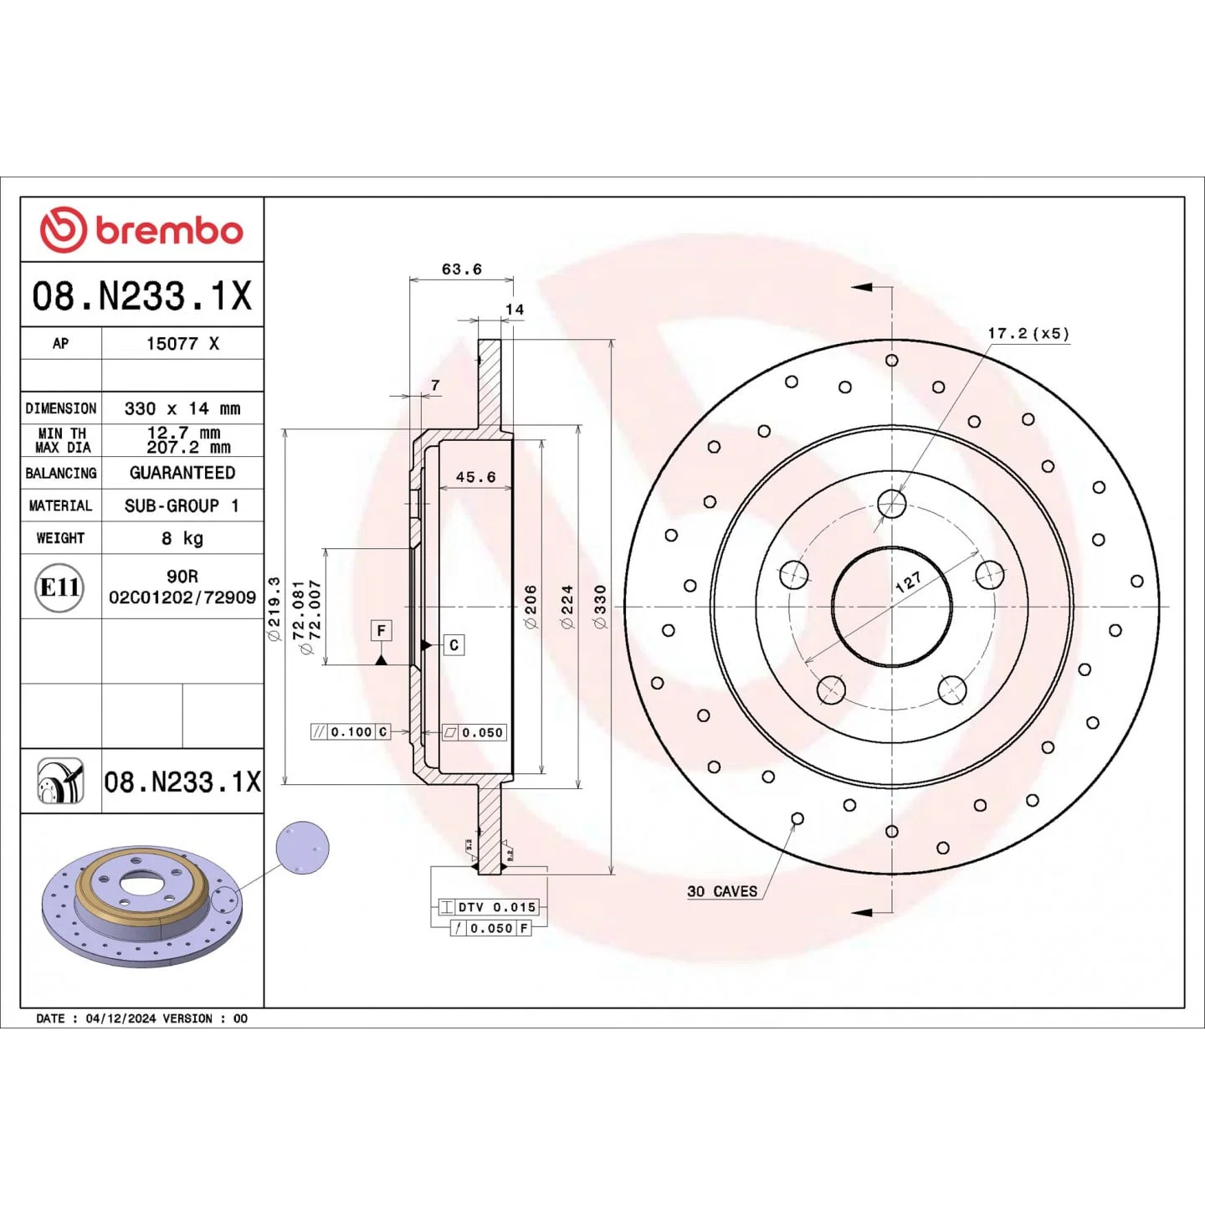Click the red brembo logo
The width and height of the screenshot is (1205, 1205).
point(141,230)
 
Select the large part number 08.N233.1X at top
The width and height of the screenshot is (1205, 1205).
point(142,295)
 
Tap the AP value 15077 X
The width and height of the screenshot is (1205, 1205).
point(182,343)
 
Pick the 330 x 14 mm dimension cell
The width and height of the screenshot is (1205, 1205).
point(182,408)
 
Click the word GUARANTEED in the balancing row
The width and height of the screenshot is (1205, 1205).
point(182,473)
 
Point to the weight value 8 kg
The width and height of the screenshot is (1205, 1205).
point(182,538)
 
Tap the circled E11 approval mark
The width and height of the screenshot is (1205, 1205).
point(59,587)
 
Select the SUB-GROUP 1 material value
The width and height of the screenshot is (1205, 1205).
point(182,505)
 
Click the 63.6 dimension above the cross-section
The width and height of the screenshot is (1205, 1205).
point(461,269)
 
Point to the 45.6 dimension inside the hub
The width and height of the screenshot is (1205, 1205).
point(475,477)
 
